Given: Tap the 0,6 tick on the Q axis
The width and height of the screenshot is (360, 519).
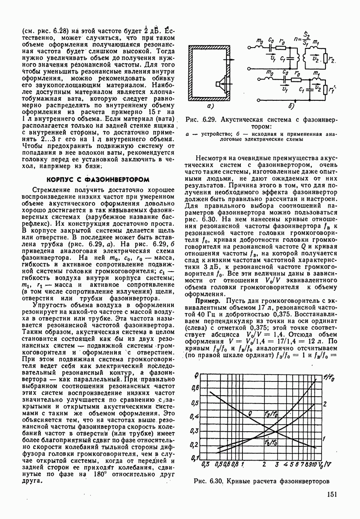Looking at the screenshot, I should click(195, 388).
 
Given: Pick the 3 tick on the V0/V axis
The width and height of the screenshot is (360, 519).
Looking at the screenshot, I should click(276, 465).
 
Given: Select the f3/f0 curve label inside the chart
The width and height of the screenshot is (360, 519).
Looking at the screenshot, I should click(271, 414).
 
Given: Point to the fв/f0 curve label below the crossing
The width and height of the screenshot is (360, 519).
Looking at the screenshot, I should click(270, 444).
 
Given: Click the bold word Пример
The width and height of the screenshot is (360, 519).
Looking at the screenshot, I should click(209, 301).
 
